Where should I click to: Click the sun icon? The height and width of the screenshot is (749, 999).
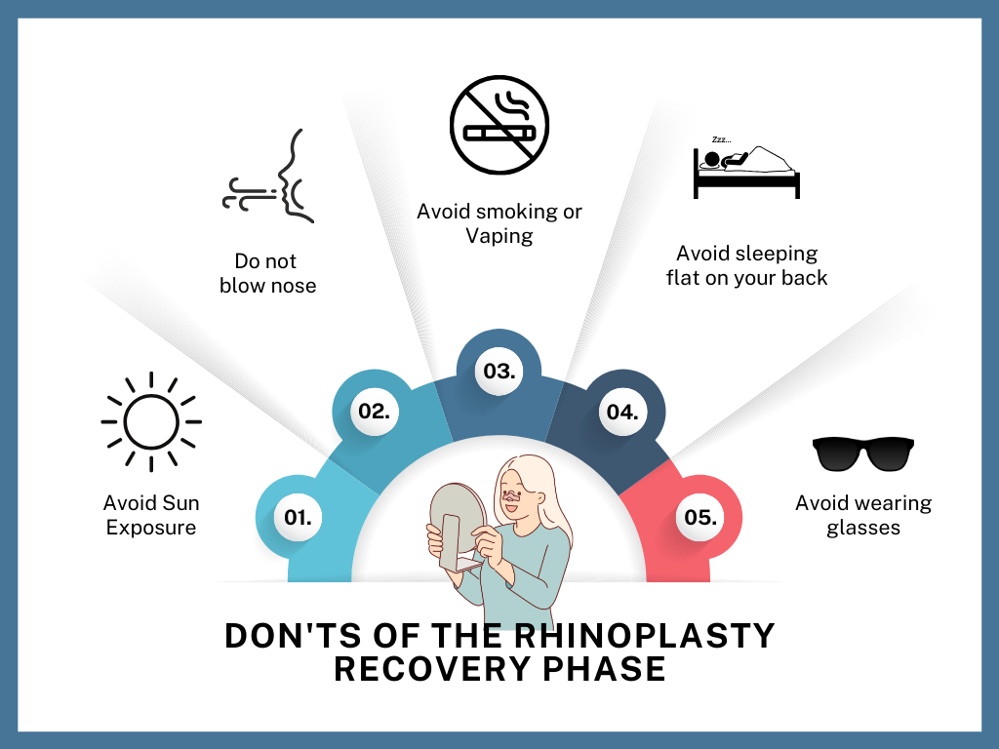[x=151, y=421]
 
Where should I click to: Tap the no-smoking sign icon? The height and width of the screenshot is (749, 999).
[x=499, y=125]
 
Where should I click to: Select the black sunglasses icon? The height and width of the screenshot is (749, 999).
[x=863, y=454]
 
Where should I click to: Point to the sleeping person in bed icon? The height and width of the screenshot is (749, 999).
[x=746, y=168]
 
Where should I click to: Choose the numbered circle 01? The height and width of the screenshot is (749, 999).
[x=298, y=517]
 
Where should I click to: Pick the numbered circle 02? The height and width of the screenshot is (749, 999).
[x=374, y=412]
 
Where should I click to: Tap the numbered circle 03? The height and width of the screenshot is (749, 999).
[x=499, y=371]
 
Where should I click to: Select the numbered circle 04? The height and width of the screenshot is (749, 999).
[x=622, y=413]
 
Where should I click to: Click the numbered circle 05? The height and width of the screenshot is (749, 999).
[x=700, y=517]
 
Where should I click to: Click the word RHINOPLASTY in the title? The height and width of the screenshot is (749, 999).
[x=644, y=636]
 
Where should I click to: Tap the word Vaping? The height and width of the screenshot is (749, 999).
[x=499, y=236]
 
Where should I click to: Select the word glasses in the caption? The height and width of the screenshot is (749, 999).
[x=863, y=528]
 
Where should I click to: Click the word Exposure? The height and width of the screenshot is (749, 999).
[x=151, y=528]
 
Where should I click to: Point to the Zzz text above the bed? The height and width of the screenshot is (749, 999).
[x=721, y=139]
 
